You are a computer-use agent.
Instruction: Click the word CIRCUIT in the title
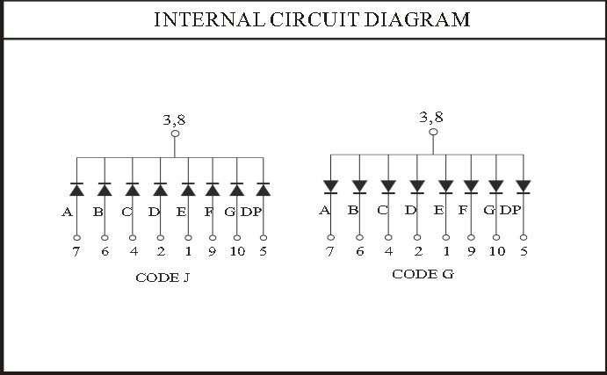click(314, 19)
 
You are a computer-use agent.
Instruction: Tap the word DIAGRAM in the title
click(417, 19)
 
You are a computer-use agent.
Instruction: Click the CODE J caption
click(163, 278)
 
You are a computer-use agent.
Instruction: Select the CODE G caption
click(423, 274)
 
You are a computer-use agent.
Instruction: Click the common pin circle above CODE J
click(175, 133)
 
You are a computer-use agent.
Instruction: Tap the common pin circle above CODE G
click(433, 132)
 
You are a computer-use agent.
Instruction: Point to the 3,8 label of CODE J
click(174, 120)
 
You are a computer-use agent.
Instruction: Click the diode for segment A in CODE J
click(76, 189)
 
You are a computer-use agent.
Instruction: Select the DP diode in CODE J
click(264, 189)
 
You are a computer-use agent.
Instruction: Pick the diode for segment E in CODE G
click(446, 186)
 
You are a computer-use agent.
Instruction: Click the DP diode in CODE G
click(524, 186)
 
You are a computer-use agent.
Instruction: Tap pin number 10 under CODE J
click(237, 251)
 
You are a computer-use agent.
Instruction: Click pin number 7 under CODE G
click(329, 251)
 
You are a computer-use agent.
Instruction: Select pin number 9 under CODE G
click(471, 251)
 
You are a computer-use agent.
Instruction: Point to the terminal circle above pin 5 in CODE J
click(264, 238)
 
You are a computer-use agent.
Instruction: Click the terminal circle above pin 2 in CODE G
click(417, 237)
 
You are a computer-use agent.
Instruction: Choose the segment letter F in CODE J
click(209, 212)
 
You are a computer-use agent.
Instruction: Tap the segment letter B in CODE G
click(353, 210)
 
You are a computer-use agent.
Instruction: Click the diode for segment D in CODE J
click(160, 189)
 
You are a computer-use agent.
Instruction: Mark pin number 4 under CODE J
click(134, 251)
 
